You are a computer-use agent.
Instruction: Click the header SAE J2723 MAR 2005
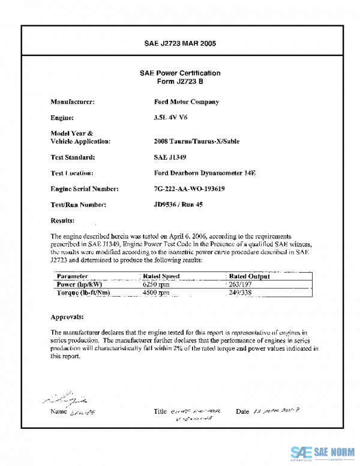tap(180, 44)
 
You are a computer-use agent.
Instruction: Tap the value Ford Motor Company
tap(186, 102)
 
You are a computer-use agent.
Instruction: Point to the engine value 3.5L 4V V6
tap(170, 118)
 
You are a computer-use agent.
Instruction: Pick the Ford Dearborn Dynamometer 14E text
tap(205, 173)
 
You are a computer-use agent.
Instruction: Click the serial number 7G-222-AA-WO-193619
tap(189, 189)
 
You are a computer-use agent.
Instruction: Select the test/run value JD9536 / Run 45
tap(178, 205)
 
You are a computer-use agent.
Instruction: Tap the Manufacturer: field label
tap(73, 102)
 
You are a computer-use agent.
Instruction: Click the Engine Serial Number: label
tap(85, 189)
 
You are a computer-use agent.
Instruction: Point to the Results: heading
tap(62, 220)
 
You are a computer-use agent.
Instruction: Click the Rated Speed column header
tap(161, 276)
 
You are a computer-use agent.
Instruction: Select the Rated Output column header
tap(250, 276)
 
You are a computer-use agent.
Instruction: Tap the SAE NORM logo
tap(322, 452)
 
